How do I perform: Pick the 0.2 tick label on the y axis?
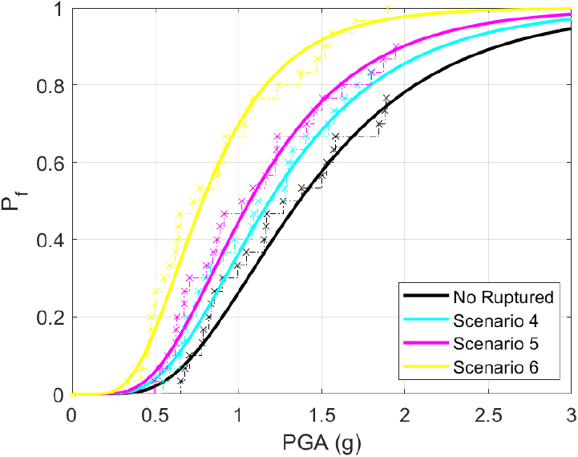[53, 317]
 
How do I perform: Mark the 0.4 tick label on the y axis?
[53, 240]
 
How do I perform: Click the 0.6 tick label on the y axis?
[53, 162]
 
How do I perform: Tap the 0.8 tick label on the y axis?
[53, 85]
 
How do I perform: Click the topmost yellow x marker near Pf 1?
[388, 8]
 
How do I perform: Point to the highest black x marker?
[386, 98]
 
